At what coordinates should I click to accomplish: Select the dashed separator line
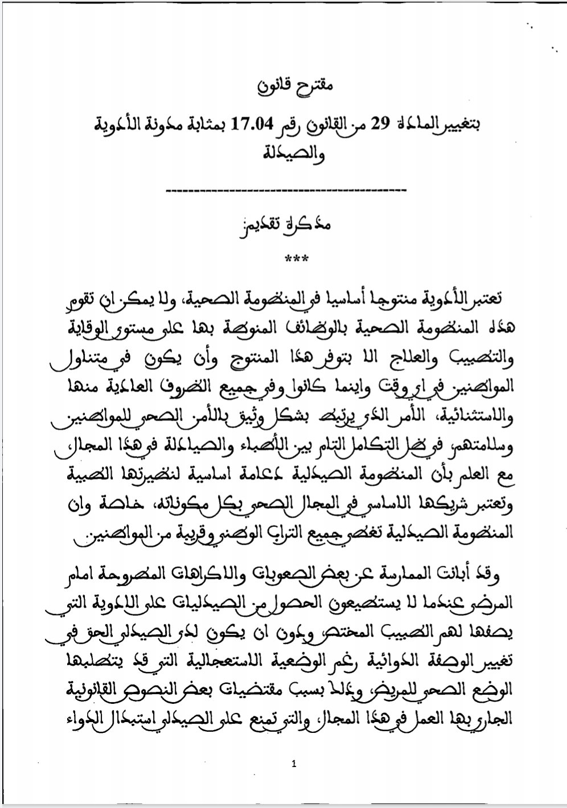tap(284, 189)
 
